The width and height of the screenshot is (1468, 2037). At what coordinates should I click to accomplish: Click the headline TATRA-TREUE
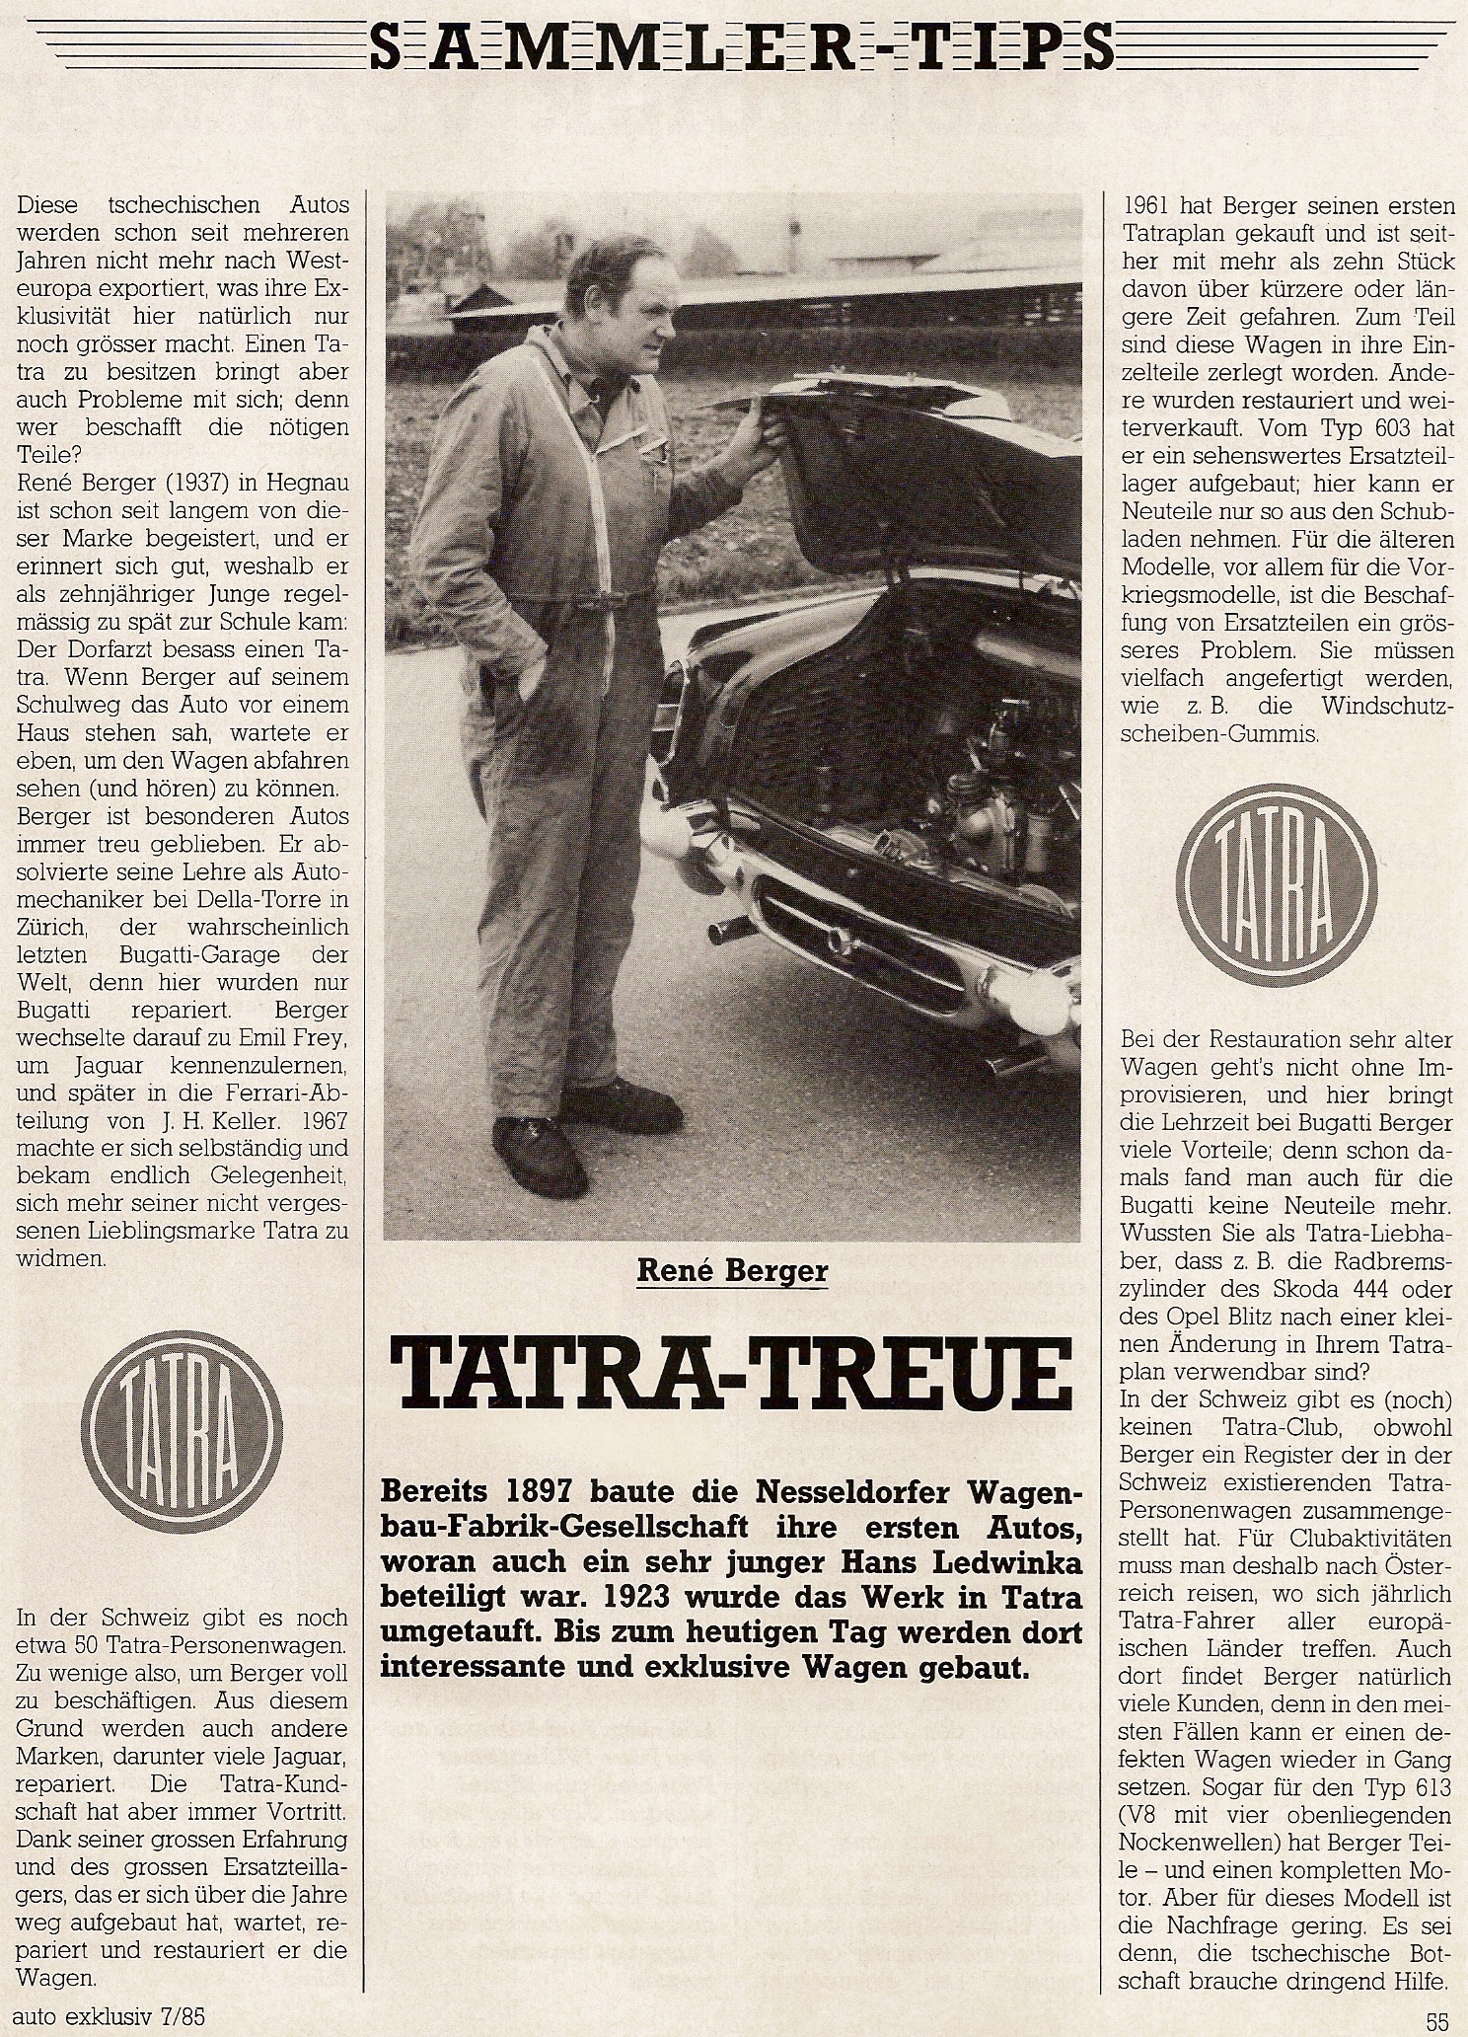(731, 1373)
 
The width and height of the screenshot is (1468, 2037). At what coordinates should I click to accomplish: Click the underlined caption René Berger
(731, 1271)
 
